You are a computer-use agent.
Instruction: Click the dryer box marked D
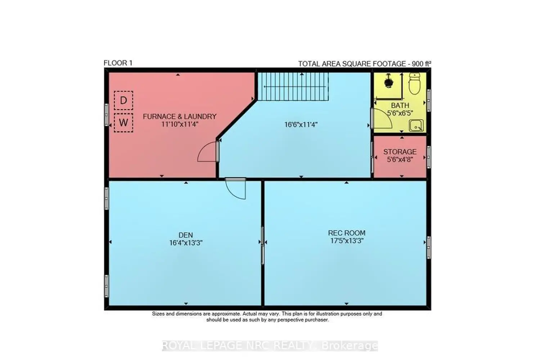coord(123,100)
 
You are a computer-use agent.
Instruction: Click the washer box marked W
coord(123,123)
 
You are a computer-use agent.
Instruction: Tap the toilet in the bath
coord(415,84)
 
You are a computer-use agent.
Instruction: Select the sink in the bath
coord(417,126)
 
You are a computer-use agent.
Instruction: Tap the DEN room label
coord(186,235)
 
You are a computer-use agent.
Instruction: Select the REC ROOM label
coord(347,233)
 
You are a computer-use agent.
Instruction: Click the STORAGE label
coord(400,152)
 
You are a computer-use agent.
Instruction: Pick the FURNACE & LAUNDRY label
coord(180,117)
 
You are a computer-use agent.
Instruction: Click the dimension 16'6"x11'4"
coord(301,125)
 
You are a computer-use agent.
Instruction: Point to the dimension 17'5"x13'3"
coord(347,241)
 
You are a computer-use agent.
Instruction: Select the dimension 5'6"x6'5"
coord(400,113)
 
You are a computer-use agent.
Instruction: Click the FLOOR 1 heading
coord(118,63)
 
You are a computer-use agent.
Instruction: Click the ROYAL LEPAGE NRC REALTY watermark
coord(270,346)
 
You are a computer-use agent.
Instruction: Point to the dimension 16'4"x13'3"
coord(186,243)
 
